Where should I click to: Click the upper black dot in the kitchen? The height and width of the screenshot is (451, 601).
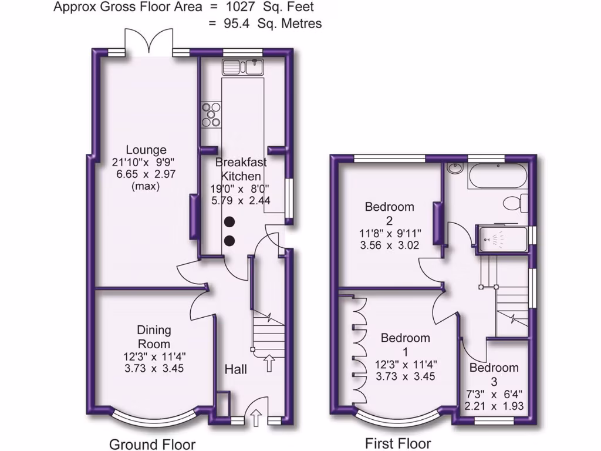click(229, 221)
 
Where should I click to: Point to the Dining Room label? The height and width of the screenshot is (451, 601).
click(154, 336)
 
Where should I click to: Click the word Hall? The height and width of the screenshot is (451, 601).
click(236, 369)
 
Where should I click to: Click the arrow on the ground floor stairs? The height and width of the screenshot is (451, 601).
click(270, 364)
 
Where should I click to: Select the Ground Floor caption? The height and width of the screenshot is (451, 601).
click(152, 444)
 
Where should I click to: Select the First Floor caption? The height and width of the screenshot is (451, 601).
click(398, 443)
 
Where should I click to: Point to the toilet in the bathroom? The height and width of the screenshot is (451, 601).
click(516, 203)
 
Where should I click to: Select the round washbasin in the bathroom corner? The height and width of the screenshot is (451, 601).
click(454, 170)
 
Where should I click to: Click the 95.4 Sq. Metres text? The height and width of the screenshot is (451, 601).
click(266, 23)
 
